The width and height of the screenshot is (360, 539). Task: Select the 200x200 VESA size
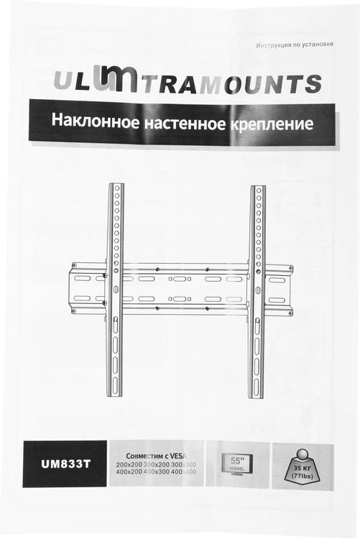128,466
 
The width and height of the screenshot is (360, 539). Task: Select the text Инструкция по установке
295,45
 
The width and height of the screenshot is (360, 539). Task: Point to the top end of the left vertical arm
116,188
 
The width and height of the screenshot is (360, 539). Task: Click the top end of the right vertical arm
258,189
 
